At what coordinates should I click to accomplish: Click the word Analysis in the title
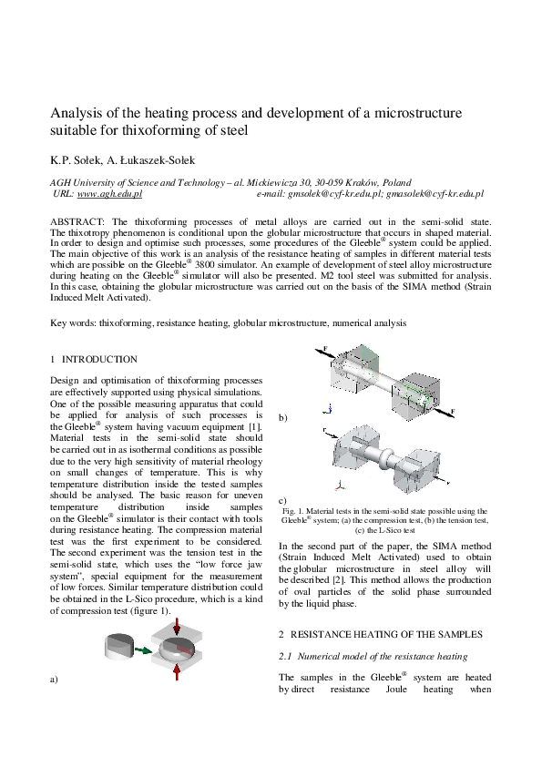(74, 113)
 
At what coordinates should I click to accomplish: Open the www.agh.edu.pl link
(110, 194)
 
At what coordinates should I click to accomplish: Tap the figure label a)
(54, 679)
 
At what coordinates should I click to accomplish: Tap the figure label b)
(283, 417)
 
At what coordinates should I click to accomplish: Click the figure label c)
(283, 500)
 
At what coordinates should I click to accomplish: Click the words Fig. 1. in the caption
(292, 511)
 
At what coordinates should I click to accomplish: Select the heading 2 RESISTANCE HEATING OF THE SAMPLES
(382, 633)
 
